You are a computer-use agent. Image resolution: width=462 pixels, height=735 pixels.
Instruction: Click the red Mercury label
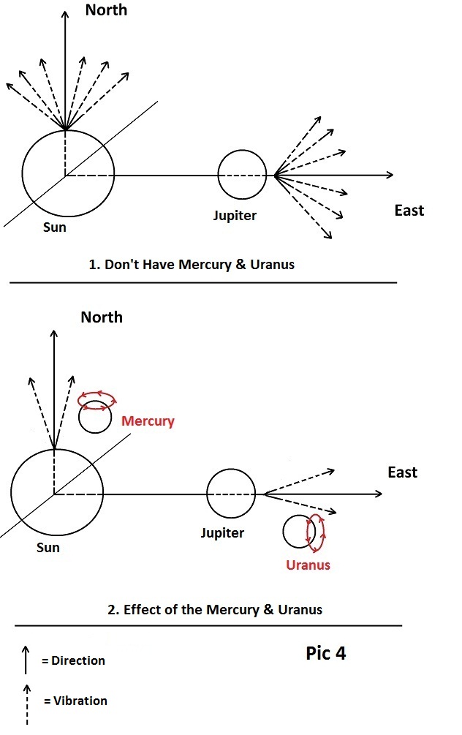click(x=148, y=421)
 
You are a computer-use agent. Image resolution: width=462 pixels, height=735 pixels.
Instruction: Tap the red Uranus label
click(x=308, y=565)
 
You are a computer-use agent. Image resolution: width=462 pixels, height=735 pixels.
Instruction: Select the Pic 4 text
click(x=325, y=653)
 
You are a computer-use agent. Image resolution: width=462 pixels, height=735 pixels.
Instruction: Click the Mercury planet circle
click(x=95, y=418)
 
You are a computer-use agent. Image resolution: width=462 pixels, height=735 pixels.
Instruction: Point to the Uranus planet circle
click(x=300, y=532)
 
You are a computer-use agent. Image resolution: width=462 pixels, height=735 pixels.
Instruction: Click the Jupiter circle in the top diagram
click(x=241, y=175)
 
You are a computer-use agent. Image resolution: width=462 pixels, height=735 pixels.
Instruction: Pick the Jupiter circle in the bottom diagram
click(x=231, y=494)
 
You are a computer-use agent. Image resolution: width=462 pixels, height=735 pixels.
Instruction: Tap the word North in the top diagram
click(x=106, y=10)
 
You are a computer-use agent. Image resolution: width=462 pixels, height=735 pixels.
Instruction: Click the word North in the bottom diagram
click(x=102, y=317)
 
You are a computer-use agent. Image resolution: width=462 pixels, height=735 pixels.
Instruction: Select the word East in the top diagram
click(x=409, y=211)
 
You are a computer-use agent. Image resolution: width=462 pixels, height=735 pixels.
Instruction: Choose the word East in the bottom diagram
click(x=402, y=472)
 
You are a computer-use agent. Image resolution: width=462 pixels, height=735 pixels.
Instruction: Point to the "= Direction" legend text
click(x=73, y=660)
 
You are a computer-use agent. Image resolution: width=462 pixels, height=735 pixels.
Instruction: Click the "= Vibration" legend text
click(x=75, y=701)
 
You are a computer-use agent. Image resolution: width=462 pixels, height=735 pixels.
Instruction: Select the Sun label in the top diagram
click(x=54, y=227)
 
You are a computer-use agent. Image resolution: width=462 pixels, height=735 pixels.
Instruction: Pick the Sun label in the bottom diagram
click(x=48, y=547)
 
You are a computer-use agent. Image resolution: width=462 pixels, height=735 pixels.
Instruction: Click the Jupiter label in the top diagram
click(x=235, y=216)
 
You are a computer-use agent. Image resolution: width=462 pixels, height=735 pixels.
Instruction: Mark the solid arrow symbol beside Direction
click(x=26, y=660)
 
